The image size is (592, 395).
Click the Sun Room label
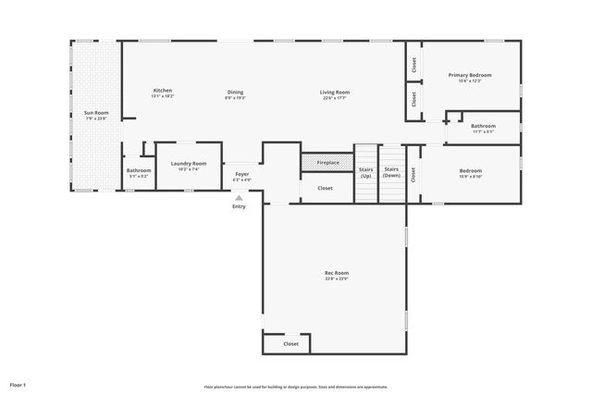click(x=96, y=113)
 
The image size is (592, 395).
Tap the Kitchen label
click(x=163, y=90)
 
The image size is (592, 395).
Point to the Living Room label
click(x=335, y=92)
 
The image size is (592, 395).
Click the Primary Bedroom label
click(x=470, y=75)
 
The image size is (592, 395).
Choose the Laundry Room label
click(x=188, y=164)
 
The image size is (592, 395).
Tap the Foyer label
click(x=242, y=173)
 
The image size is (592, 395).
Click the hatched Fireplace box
click(x=327, y=163)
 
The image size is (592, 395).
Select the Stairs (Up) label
click(x=365, y=172)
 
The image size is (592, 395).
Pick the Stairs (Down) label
click(x=391, y=172)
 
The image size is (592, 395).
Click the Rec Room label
click(x=336, y=273)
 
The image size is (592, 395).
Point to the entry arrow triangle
click(x=240, y=197)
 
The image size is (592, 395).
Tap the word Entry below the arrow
click(x=240, y=206)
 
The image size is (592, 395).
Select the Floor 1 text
click(x=18, y=384)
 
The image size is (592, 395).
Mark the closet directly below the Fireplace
click(x=325, y=188)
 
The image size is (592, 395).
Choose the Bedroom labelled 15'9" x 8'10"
click(x=470, y=171)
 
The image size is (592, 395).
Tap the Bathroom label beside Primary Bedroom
click(x=483, y=126)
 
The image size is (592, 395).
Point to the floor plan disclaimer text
click(x=296, y=387)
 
